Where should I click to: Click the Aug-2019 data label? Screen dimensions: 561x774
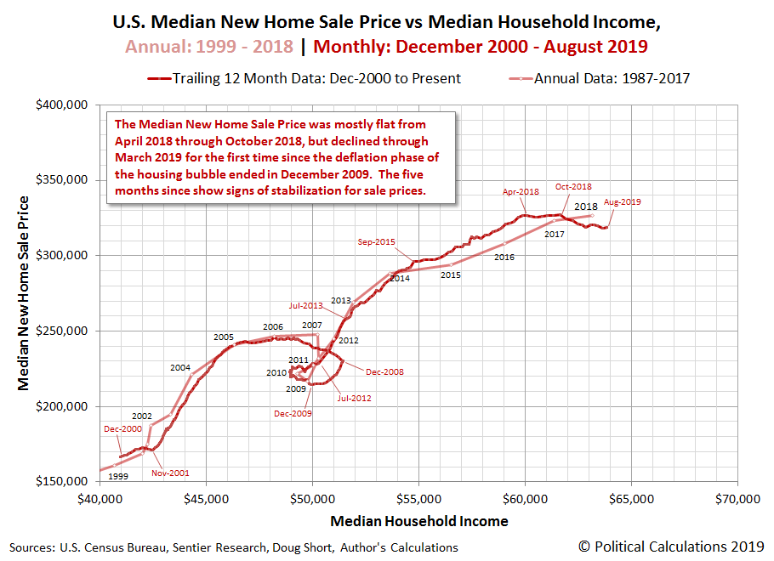[622, 202]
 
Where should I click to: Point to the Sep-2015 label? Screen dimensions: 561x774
[377, 241]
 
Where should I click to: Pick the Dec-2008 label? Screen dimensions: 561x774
[384, 371]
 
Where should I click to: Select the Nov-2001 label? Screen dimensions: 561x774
[171, 473]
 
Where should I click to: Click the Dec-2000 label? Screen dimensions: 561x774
[124, 430]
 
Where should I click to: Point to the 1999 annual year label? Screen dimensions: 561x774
[118, 476]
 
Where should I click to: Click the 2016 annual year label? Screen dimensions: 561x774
[504, 257]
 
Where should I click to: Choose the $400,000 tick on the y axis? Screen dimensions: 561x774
[65, 105]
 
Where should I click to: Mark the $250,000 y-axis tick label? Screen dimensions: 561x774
[65, 331]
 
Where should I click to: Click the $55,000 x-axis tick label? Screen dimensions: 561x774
[418, 497]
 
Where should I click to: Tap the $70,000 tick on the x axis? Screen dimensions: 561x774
[737, 497]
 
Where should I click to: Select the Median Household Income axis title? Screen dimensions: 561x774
[418, 521]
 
